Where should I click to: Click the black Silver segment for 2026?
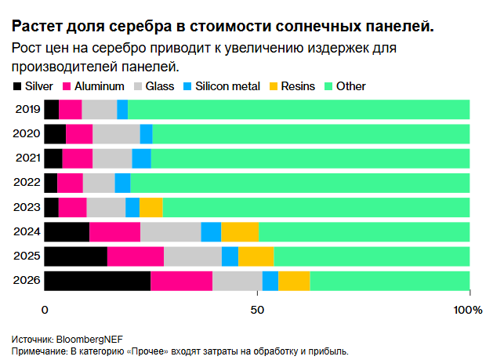click(97, 281)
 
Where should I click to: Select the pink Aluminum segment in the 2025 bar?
click(136, 256)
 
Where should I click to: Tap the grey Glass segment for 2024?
click(170, 232)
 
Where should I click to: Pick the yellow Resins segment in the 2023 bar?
click(150, 207)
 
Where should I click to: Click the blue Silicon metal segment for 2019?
click(122, 110)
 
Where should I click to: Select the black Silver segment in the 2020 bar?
click(55, 134)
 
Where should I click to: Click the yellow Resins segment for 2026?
click(294, 281)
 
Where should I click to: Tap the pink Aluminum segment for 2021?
click(78, 158)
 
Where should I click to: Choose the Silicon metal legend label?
click(230, 85)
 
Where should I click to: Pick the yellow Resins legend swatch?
click(274, 85)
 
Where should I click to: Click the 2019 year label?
click(27, 110)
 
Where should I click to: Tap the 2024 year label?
click(27, 232)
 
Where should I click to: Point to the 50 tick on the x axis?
click(256, 310)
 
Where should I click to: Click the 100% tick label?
click(468, 310)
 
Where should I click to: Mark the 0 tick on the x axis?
click(45, 310)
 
